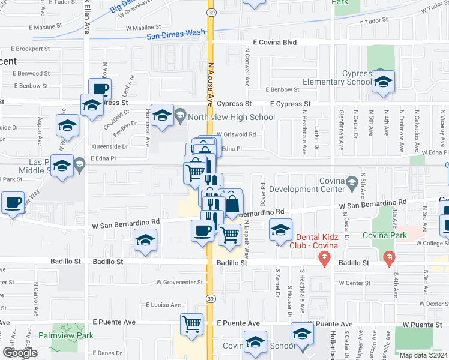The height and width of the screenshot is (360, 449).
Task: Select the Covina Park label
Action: point(384,235)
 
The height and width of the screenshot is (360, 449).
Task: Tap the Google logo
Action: point(20,353)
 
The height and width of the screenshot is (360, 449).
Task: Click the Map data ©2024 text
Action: point(423,355)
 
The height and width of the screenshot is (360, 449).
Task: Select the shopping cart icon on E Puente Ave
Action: point(191,324)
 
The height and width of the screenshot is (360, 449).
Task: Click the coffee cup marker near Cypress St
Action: point(100,89)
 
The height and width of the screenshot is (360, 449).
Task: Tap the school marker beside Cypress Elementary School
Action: point(382,82)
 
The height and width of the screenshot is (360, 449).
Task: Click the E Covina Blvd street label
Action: point(274,43)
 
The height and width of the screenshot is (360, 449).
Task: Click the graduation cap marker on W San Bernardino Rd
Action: point(145,241)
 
